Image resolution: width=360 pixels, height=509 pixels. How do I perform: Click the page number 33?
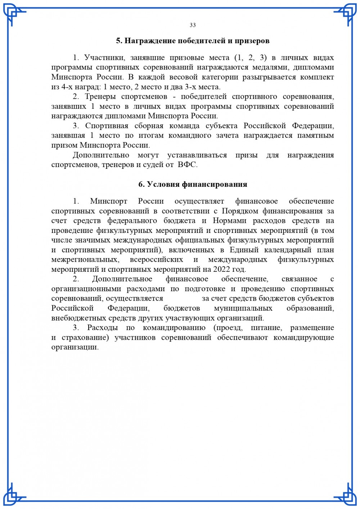(x=193, y=25)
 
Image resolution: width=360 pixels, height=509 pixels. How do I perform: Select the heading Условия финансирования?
(x=197, y=184)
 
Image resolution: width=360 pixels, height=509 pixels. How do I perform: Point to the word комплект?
(x=317, y=77)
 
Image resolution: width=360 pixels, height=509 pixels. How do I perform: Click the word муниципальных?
(x=243, y=308)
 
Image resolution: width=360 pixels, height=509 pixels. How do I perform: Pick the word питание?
(x=267, y=328)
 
